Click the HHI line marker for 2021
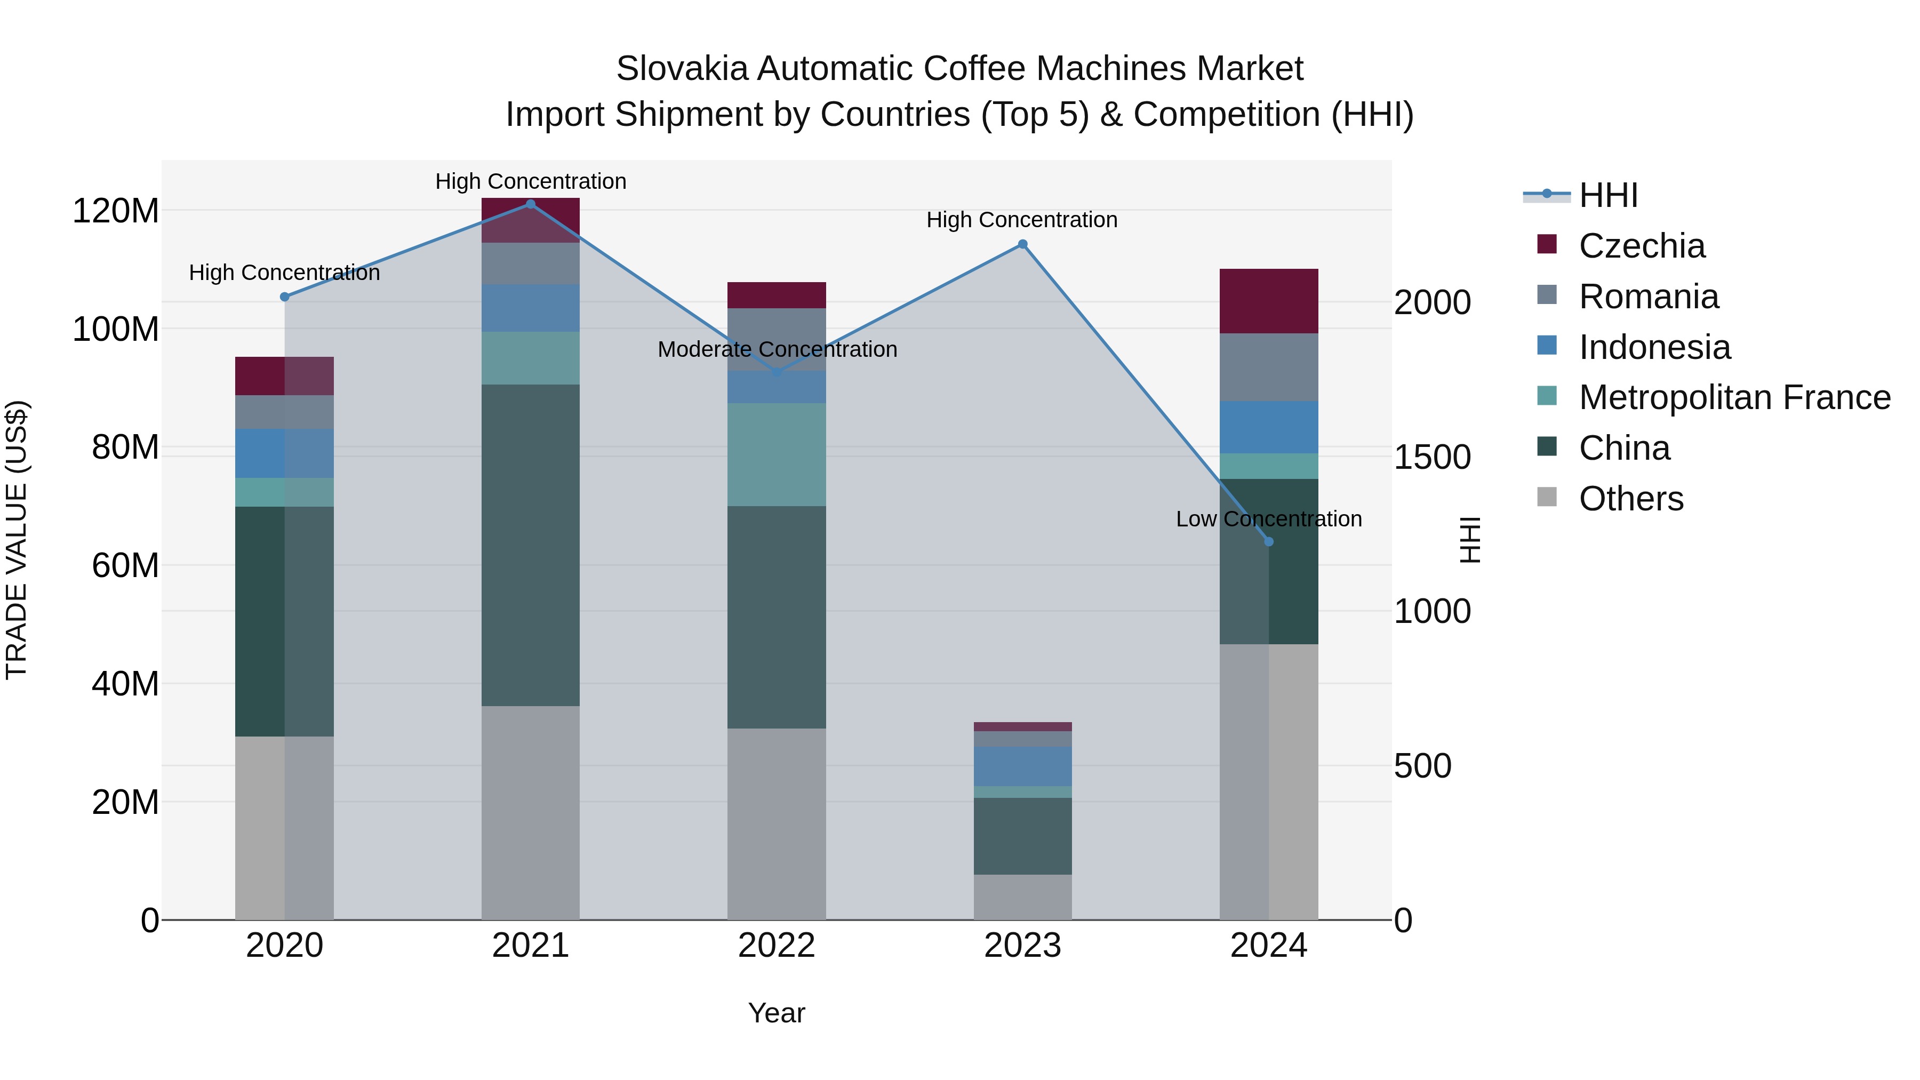(530, 204)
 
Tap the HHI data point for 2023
(1022, 244)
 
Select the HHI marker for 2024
(1269, 542)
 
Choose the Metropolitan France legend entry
(1734, 398)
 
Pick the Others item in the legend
(1631, 499)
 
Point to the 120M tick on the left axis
(116, 211)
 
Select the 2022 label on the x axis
(777, 946)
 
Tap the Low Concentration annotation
(1269, 519)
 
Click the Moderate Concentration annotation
(777, 349)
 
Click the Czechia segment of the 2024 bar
(1269, 301)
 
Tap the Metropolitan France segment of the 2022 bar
(777, 454)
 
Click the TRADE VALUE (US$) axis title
(17, 540)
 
